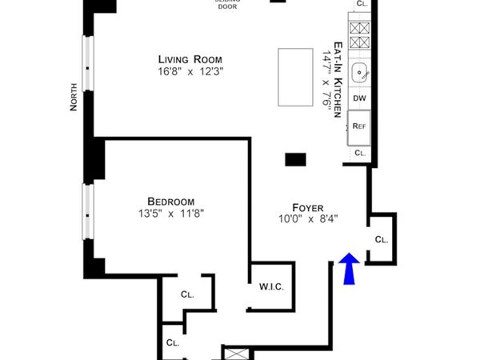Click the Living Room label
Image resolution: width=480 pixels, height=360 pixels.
click(190, 60)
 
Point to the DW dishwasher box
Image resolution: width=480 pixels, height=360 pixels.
click(360, 99)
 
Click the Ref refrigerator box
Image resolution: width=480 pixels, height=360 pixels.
click(360, 126)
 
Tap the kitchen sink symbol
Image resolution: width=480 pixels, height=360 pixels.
click(361, 73)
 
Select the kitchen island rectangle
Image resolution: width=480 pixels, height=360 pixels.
click(294, 77)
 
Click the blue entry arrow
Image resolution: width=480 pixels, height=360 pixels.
click(348, 270)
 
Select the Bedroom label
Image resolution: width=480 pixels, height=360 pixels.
click(170, 202)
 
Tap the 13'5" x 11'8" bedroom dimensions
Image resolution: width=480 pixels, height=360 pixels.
click(170, 214)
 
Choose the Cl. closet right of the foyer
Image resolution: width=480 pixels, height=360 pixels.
click(382, 239)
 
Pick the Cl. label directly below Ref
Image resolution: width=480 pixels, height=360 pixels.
click(360, 152)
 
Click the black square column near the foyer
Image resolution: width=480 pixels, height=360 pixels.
click(296, 158)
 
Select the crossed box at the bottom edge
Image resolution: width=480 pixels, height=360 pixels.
click(237, 354)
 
